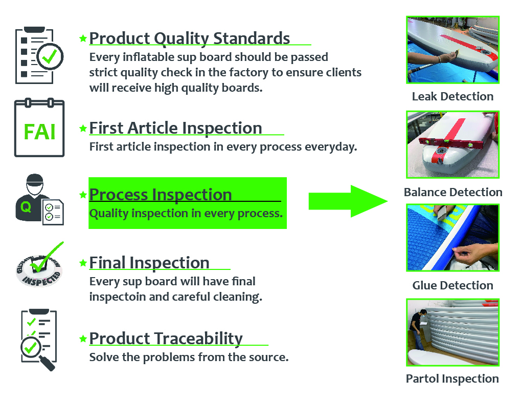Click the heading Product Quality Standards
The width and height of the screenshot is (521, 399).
pyautogui.click(x=190, y=38)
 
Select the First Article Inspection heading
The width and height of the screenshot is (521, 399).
pyautogui.click(x=175, y=128)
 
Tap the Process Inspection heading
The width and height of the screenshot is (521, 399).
pyautogui.click(x=161, y=195)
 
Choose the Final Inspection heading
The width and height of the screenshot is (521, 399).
pyautogui.click(x=149, y=263)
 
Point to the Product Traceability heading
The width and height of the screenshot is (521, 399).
pyautogui.click(x=166, y=339)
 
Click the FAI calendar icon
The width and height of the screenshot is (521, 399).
pyautogui.click(x=39, y=128)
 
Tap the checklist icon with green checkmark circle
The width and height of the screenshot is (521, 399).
pyautogui.click(x=39, y=55)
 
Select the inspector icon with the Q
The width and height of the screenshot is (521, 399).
pyautogui.click(x=39, y=200)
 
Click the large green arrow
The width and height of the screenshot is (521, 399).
pyautogui.click(x=348, y=201)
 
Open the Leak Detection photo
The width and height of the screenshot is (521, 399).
pyautogui.click(x=452, y=50)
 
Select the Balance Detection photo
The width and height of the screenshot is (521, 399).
pyautogui.click(x=452, y=144)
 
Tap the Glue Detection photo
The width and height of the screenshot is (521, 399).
pyautogui.click(x=452, y=238)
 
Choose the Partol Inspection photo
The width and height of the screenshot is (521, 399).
pyautogui.click(x=452, y=332)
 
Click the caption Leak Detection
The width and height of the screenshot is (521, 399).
pyautogui.click(x=452, y=96)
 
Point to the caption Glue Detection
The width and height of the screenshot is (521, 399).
pyautogui.click(x=452, y=285)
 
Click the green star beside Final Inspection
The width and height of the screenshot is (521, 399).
pyautogui.click(x=83, y=263)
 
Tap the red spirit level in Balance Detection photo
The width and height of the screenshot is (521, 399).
pyautogui.click(x=450, y=144)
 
